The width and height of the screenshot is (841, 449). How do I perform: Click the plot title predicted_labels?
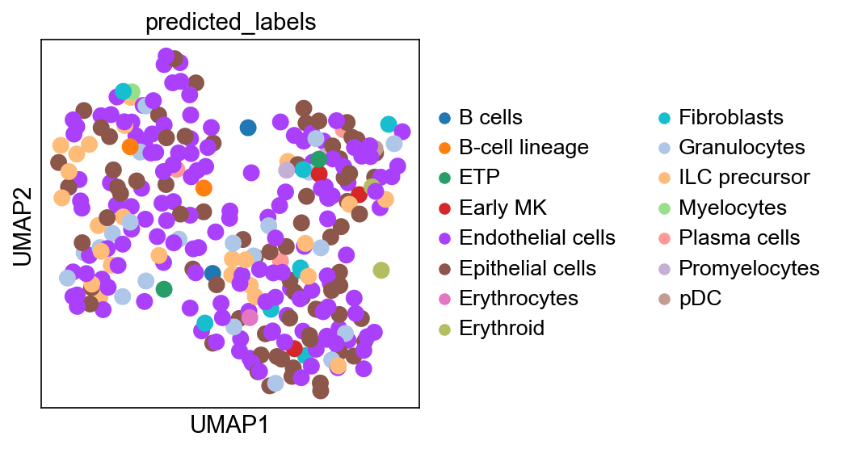[x=230, y=23]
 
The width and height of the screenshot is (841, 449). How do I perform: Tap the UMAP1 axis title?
[x=229, y=425]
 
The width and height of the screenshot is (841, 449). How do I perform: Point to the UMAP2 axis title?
[x=23, y=226]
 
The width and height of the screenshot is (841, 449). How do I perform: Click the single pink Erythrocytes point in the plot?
[x=250, y=317]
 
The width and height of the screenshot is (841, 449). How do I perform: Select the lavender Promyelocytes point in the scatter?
[x=287, y=170]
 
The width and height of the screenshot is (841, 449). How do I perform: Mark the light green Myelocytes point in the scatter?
[x=132, y=92]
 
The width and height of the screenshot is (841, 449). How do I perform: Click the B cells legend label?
[x=490, y=117]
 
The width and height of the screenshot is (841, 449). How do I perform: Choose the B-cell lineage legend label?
[x=524, y=148]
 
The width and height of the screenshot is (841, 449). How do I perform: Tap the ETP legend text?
[x=479, y=177]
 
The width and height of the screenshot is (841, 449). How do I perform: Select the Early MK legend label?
[x=502, y=208]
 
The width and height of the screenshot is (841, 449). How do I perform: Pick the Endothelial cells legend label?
[x=537, y=237]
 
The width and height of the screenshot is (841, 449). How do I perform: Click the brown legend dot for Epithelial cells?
[x=444, y=268]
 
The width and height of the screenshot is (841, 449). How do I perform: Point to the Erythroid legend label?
[x=502, y=328]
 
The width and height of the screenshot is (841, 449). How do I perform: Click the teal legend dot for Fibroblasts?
[x=665, y=117]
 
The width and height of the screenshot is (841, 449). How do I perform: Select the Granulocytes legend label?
[x=742, y=148]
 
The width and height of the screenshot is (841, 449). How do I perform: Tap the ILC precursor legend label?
[x=744, y=177]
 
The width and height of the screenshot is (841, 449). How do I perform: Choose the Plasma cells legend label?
[x=739, y=237]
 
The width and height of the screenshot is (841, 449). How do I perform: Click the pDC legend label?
[x=700, y=298]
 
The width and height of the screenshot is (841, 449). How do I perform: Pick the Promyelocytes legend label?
[x=749, y=268]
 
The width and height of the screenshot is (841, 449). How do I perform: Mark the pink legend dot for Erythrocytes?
[x=444, y=298]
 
